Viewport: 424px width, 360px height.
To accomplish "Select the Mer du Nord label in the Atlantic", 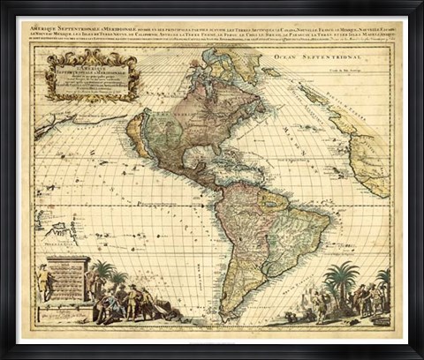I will (291, 141).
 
